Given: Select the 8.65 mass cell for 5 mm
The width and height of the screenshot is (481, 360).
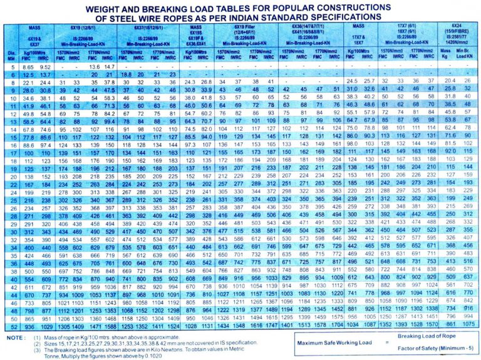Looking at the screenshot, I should pos(28,66).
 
